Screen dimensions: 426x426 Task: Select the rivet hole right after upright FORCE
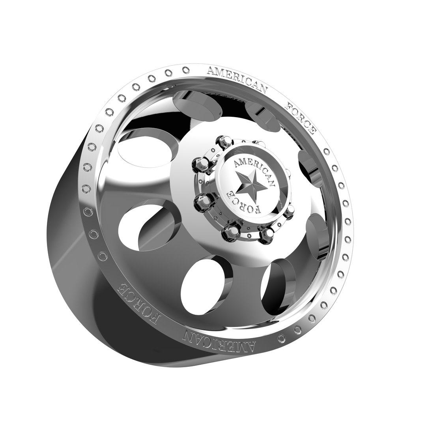tap(326, 151)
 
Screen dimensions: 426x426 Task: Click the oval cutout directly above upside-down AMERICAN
tap(203, 284)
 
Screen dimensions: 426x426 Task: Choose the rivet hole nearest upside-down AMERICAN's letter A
tap(282, 339)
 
